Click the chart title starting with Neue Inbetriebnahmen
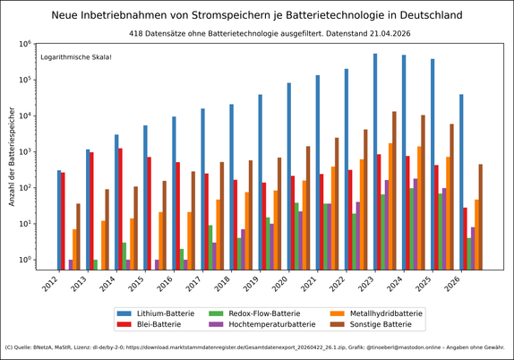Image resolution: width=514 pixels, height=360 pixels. [x=257, y=15]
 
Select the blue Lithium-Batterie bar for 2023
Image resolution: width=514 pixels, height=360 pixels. [x=375, y=161]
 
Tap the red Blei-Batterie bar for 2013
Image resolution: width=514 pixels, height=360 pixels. [x=91, y=210]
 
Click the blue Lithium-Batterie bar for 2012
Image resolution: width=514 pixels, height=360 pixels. [x=59, y=219]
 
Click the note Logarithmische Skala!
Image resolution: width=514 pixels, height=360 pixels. [x=76, y=56]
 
